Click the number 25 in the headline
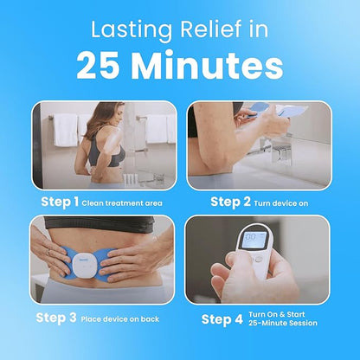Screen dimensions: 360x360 (x=98, y=66)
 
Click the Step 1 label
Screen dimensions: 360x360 (x=60, y=202)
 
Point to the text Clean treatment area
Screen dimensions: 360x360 (x=122, y=203)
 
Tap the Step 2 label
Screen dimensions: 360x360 (x=230, y=202)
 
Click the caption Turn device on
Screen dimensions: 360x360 (x=281, y=203)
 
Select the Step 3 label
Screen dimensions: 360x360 (x=56, y=318)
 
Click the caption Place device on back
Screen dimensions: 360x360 (x=120, y=319)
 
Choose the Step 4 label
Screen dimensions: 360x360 (x=222, y=319)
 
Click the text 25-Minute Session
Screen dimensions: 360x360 (x=283, y=323)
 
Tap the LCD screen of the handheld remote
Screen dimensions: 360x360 (x=254, y=241)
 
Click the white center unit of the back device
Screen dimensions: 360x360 (x=84, y=267)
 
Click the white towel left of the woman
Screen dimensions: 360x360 (x=66, y=130)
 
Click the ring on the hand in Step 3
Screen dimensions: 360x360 (x=48, y=253)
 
